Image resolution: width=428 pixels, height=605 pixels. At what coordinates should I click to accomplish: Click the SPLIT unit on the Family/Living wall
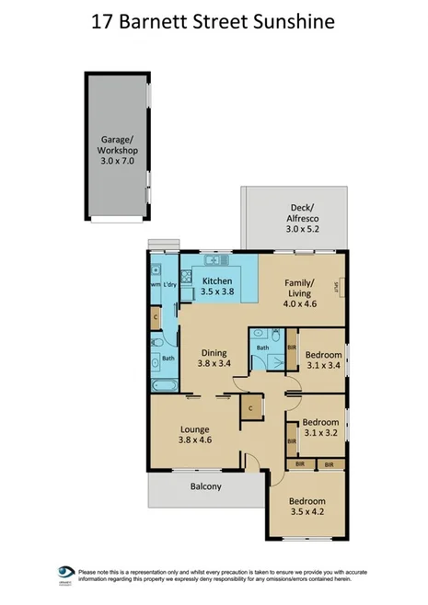(338, 290)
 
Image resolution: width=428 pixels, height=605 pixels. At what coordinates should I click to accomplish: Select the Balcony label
(205, 486)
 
